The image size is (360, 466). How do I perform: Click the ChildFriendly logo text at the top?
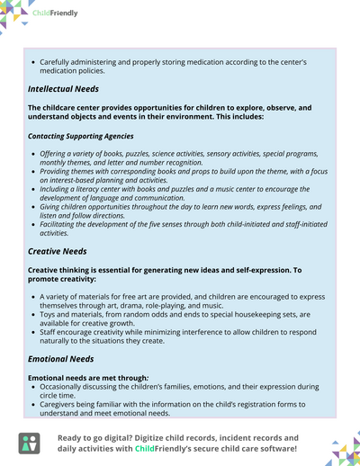pos(56,13)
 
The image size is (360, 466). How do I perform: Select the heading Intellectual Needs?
pos(63,89)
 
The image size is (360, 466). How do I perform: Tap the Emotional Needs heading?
pos(60,359)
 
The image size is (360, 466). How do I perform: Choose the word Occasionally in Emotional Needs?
pos(64,386)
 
